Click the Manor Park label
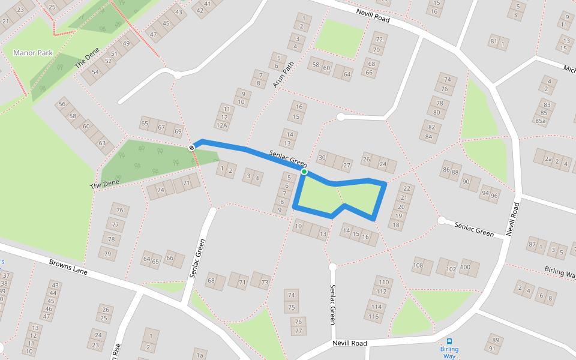click(x=33, y=53)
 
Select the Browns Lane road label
click(x=68, y=267)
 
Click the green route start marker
click(x=304, y=172)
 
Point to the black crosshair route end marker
click(x=192, y=148)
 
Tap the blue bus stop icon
click(x=449, y=341)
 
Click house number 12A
click(x=223, y=125)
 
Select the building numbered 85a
click(x=541, y=121)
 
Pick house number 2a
click(x=547, y=159)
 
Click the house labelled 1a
click(x=200, y=355)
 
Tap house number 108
click(x=418, y=265)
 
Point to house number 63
click(x=102, y=143)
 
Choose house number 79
click(x=107, y=254)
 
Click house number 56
click(x=62, y=104)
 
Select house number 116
click(x=374, y=316)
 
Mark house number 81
click(x=494, y=41)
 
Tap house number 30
click(x=322, y=158)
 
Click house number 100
click(x=466, y=267)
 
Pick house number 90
click(x=466, y=181)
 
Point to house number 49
click(x=127, y=43)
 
